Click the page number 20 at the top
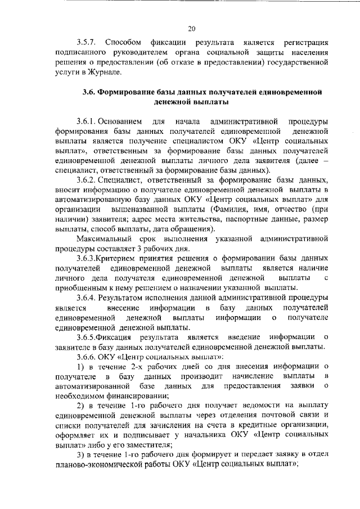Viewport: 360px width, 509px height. pos(192,29)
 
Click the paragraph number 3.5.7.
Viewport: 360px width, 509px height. pos(88,42)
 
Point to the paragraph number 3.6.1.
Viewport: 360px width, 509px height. pos(88,120)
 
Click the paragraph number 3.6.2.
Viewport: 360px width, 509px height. pos(88,179)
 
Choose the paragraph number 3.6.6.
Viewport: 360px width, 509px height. pos(88,357)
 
